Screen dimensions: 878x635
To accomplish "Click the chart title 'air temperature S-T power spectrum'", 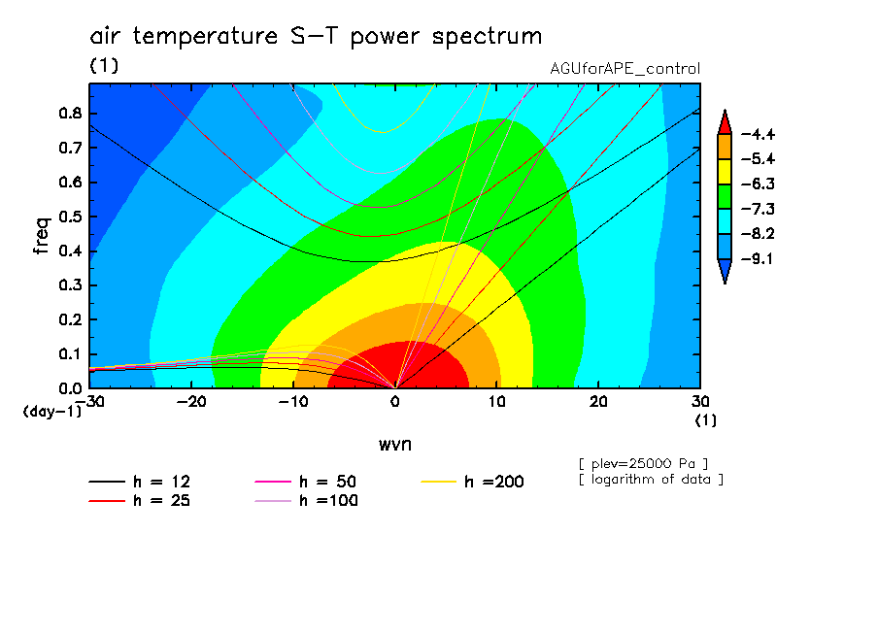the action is [316, 36].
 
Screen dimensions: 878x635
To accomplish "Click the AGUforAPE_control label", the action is [625, 69].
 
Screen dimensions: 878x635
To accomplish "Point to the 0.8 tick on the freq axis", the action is [70, 113].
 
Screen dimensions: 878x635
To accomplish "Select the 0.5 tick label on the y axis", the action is [70, 217].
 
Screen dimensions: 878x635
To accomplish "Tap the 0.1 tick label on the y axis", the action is [70, 354].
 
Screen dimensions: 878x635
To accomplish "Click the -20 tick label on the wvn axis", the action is [191, 402].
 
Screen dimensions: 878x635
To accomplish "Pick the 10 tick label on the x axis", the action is [496, 402].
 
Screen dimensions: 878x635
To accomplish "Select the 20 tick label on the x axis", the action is [598, 402].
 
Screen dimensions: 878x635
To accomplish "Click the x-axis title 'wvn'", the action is [395, 445].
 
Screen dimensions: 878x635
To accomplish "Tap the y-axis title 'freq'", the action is [42, 236].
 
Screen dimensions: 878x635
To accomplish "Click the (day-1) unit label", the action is [52, 412].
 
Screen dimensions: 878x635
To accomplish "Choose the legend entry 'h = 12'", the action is [140, 482].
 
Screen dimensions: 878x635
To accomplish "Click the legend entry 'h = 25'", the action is [140, 501].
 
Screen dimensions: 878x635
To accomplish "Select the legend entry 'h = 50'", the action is [306, 482].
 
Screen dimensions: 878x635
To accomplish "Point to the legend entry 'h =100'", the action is [306, 501].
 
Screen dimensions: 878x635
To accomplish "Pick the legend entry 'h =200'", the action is [473, 482].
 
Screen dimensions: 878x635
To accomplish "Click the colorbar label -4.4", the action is [758, 134].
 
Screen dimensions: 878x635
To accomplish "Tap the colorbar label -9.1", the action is [758, 258].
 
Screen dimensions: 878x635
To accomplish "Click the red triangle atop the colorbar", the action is [725, 123].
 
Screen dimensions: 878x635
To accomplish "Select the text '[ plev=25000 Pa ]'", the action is [643, 464].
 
